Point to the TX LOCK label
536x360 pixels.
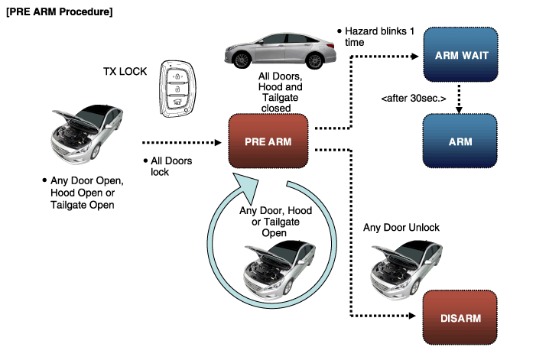tap(126, 71)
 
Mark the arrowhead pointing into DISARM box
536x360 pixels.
tap(417, 315)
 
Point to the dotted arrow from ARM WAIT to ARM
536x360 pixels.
tap(459, 99)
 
